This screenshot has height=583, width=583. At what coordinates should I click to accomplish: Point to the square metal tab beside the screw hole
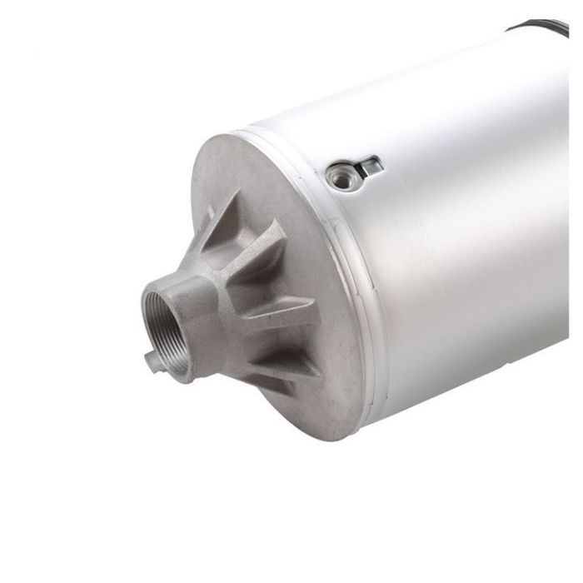369,166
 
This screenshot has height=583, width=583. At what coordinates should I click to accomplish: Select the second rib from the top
265,247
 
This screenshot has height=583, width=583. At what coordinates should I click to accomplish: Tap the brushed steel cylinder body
466,250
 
